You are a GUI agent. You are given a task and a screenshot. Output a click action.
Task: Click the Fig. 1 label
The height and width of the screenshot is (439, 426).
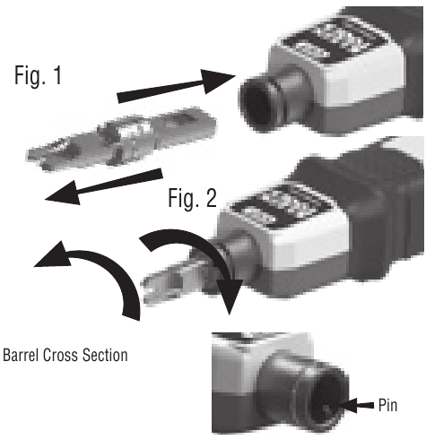click(38, 75)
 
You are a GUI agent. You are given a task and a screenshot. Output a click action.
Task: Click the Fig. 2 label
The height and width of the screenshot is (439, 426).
click(192, 198)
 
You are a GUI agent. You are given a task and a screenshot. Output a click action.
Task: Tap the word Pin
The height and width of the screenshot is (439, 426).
click(387, 405)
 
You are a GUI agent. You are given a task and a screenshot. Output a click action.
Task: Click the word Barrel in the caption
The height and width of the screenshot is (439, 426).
click(21, 355)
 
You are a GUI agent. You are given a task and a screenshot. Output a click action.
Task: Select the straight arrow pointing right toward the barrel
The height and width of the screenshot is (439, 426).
click(177, 86)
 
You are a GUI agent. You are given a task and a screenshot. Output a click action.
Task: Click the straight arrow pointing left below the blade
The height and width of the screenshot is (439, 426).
click(103, 186)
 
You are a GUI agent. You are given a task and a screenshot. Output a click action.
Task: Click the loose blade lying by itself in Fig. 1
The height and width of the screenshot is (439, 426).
click(121, 139)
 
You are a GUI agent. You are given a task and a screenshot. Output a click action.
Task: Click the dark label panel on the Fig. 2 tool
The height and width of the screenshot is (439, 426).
click(284, 206)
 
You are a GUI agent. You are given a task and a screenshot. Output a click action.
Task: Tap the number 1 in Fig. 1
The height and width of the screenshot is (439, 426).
click(57, 75)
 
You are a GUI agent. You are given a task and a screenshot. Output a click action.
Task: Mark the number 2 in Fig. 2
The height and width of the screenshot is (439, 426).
click(211, 197)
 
